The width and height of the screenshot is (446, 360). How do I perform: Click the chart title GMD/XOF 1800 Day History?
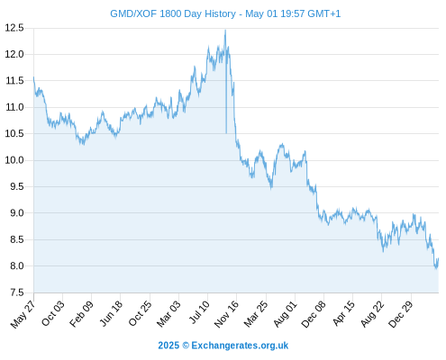tap(173, 13)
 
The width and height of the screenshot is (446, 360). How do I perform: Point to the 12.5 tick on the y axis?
tap(14, 28)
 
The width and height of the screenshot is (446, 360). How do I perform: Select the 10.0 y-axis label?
tap(14, 160)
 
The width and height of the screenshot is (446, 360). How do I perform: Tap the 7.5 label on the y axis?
tap(16, 292)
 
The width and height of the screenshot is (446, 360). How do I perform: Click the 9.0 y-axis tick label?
tap(16, 213)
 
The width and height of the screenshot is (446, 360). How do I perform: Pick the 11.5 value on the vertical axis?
tap(14, 81)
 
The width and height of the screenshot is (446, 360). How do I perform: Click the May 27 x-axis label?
tap(23, 314)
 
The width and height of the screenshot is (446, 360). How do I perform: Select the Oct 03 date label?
tap(53, 313)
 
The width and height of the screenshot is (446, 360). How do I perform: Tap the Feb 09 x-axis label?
tap(81, 313)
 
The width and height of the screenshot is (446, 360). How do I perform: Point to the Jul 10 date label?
tap(199, 312)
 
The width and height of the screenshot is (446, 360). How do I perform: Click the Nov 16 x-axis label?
tap(226, 313)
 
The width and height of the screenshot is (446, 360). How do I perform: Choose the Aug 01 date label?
tap(286, 313)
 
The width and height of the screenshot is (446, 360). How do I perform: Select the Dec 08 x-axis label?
tap(314, 314)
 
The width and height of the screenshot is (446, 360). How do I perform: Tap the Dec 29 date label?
tap(401, 314)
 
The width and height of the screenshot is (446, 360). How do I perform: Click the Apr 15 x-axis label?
tap(344, 313)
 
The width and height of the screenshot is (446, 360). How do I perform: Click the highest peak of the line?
tap(225, 30)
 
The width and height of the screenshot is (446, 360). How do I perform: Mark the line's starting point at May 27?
tap(33, 77)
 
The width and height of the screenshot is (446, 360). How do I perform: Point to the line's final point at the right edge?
tap(438, 258)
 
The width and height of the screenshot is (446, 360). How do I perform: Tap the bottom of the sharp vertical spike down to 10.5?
tap(226, 133)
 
